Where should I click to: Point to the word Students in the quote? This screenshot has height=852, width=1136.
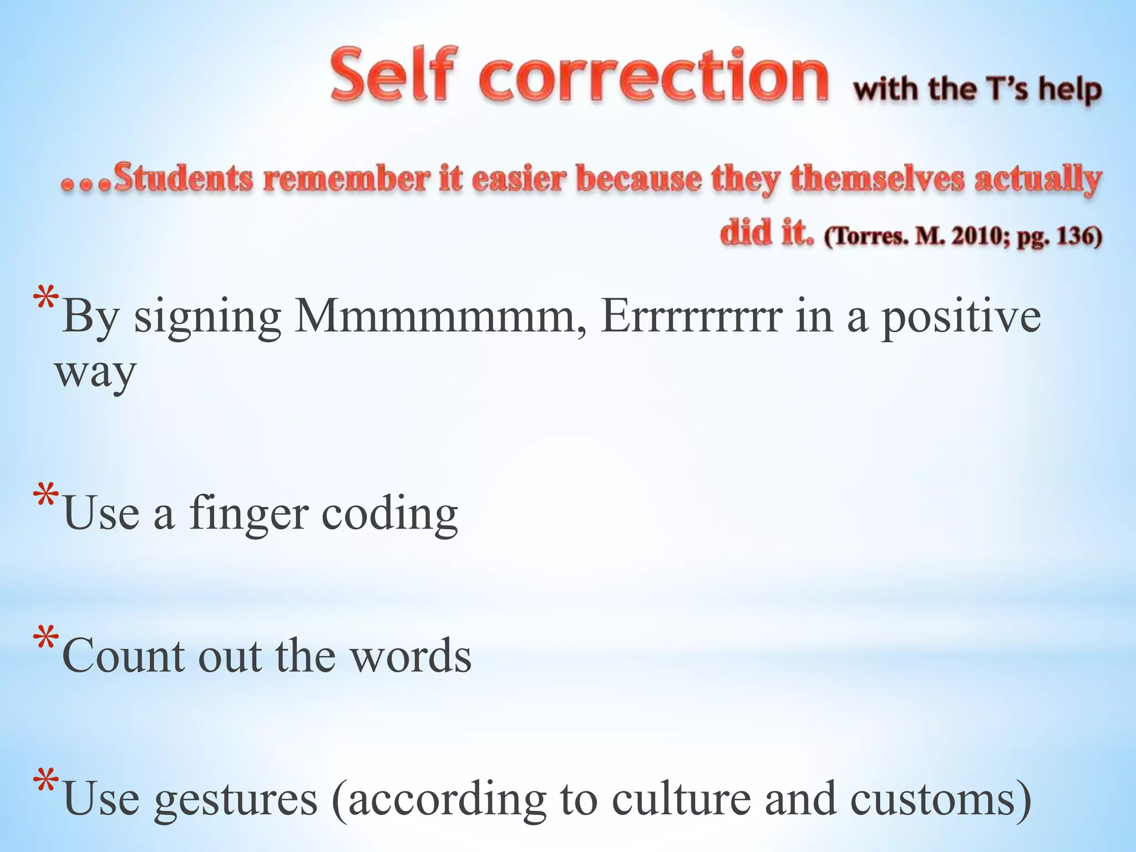click(x=184, y=179)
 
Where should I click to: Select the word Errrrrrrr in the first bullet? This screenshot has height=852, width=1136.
click(x=691, y=316)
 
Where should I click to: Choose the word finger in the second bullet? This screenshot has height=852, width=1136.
click(x=248, y=514)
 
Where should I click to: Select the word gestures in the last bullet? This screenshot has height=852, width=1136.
click(x=236, y=799)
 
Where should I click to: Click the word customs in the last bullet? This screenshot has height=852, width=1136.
click(x=941, y=799)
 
